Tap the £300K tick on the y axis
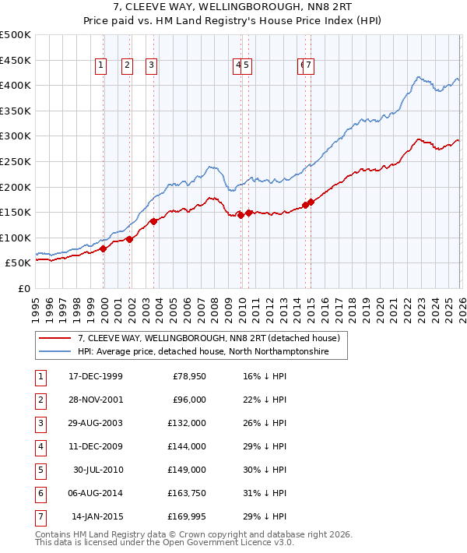[x=16, y=136]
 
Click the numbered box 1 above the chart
[x=101, y=66]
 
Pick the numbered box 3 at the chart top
[x=151, y=66]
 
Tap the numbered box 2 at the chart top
[x=126, y=66]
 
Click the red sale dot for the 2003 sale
[x=153, y=221]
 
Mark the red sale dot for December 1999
[x=104, y=248]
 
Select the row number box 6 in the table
[x=39, y=493]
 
